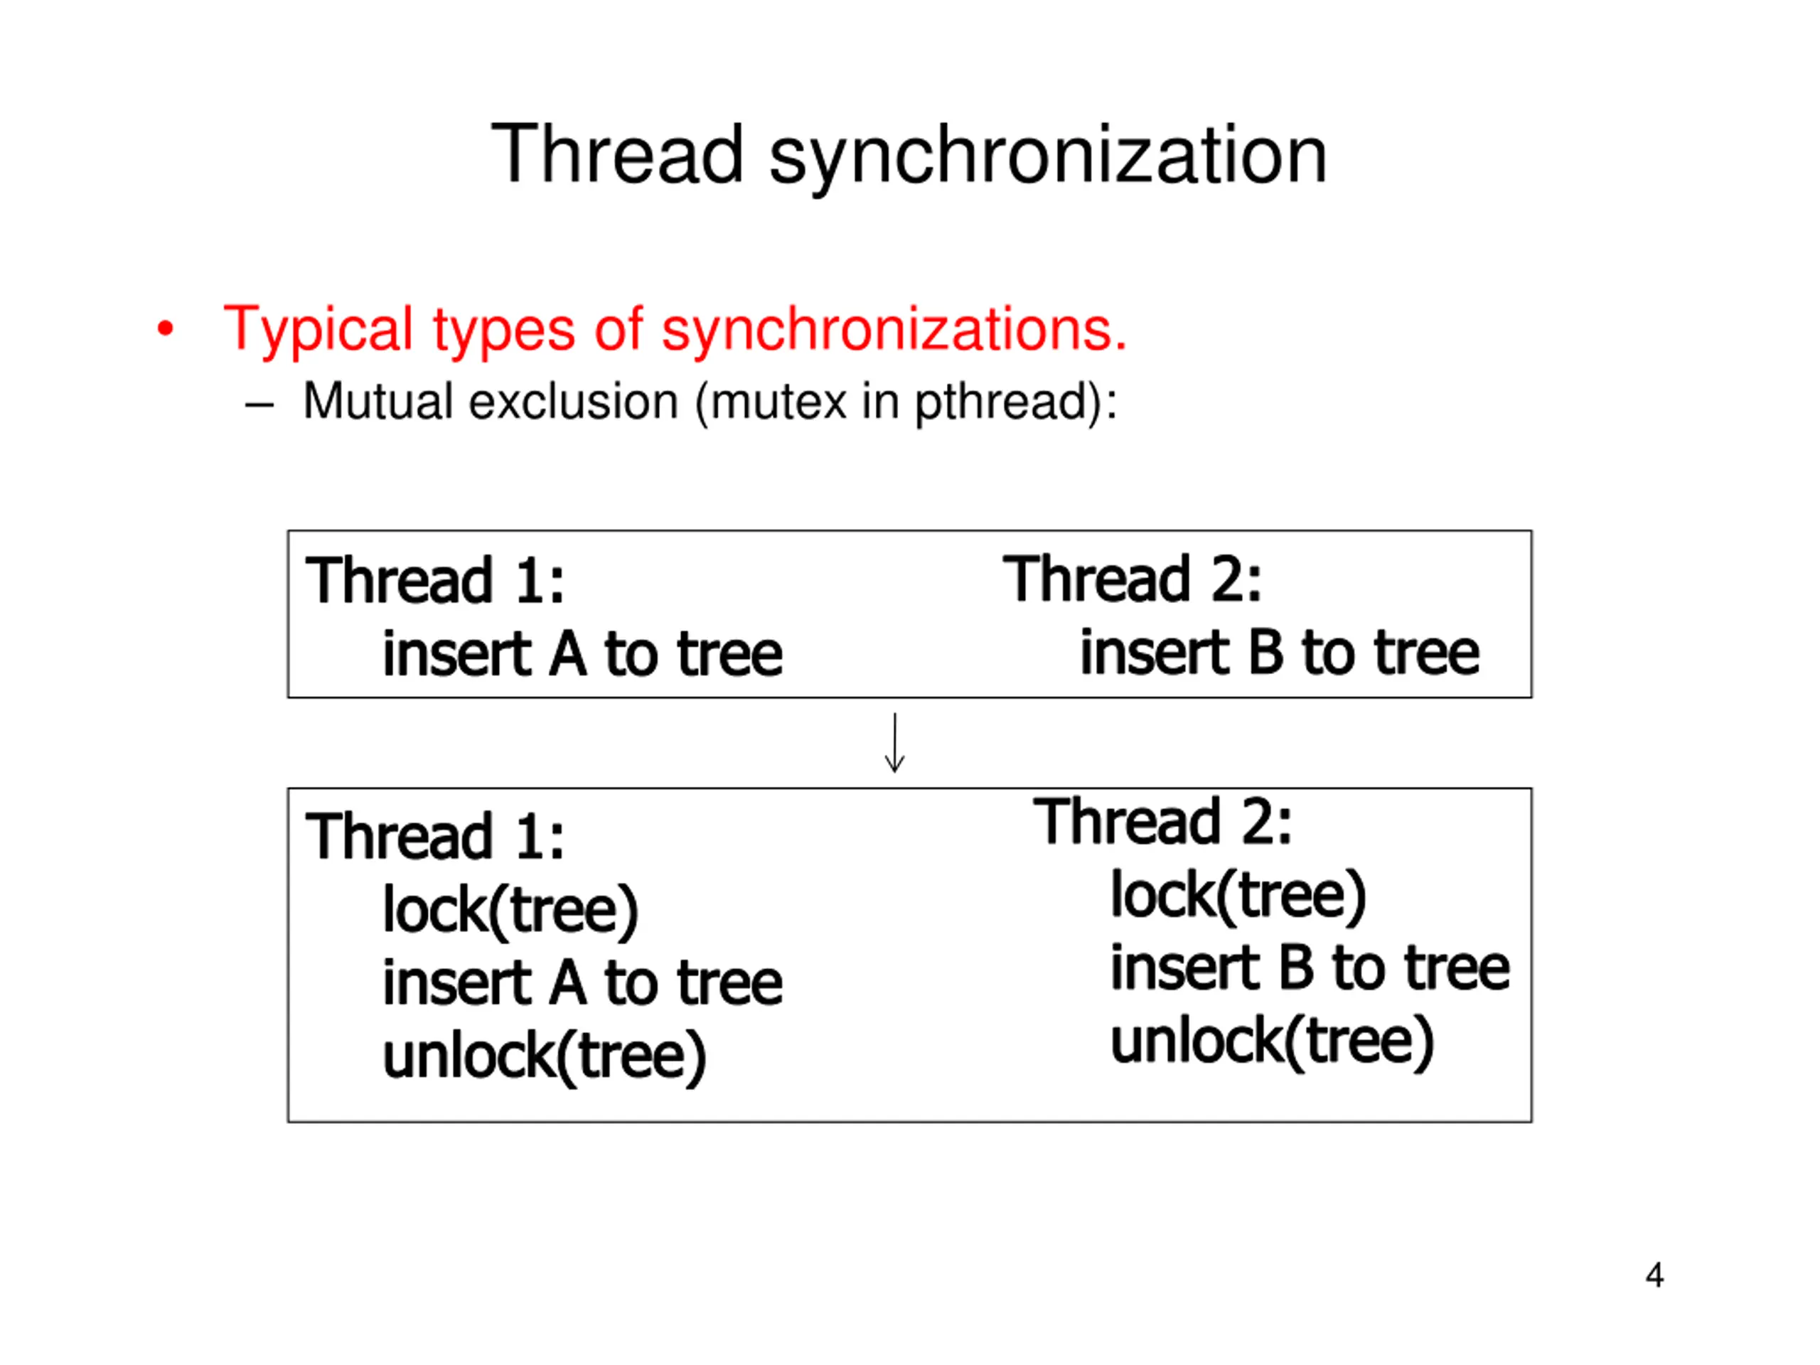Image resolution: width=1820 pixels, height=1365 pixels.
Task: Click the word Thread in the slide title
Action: pos(617,155)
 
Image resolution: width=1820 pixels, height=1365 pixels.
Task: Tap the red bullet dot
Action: pos(166,329)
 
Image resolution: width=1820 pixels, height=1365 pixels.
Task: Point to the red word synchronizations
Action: pos(894,329)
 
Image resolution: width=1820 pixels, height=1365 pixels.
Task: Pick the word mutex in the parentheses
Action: pos(778,402)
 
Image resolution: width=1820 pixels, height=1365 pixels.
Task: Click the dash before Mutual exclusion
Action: pos(258,404)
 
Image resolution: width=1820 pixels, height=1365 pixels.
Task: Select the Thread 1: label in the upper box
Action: pos(434,581)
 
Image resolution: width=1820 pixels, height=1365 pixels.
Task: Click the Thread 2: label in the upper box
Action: pos(1131,579)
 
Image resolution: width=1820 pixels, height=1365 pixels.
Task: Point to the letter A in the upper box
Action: pos(568,655)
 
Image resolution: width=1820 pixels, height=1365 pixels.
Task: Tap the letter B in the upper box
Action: pos(1265,653)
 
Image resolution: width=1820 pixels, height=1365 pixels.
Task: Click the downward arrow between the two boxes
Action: pos(894,743)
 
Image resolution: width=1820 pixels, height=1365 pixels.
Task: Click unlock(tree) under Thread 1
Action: pos(545,1057)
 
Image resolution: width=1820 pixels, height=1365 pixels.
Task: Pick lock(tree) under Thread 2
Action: pos(1238,896)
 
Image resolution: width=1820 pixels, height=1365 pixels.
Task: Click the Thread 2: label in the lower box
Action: pos(1162,822)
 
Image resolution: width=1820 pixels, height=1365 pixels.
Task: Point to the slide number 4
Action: pos(1654,1275)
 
